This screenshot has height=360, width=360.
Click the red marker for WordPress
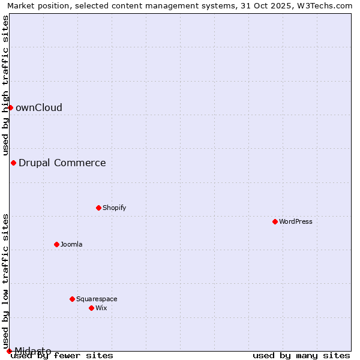[x=275, y=221]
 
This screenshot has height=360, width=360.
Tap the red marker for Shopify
[x=98, y=208]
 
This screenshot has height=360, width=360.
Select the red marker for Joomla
[x=56, y=244]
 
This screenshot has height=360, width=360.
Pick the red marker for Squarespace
[x=72, y=299]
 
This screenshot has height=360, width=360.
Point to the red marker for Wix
[x=91, y=308]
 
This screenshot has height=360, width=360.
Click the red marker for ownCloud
[x=10, y=107]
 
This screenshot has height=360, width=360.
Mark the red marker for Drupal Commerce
[x=13, y=163]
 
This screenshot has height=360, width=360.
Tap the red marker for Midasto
[x=9, y=351]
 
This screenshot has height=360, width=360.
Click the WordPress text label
[x=296, y=221]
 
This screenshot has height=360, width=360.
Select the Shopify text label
[x=114, y=208]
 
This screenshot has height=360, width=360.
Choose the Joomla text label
[x=71, y=244]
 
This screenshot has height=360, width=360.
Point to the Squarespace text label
[x=97, y=299]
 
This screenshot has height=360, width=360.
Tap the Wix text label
[x=101, y=308]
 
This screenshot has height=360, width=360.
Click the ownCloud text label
[x=39, y=107]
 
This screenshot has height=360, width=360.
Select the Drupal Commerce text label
[x=62, y=163]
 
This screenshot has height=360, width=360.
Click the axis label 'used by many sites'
[x=301, y=355]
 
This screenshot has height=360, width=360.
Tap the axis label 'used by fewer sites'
[x=62, y=355]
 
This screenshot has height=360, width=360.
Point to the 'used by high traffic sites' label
[x=5, y=85]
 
